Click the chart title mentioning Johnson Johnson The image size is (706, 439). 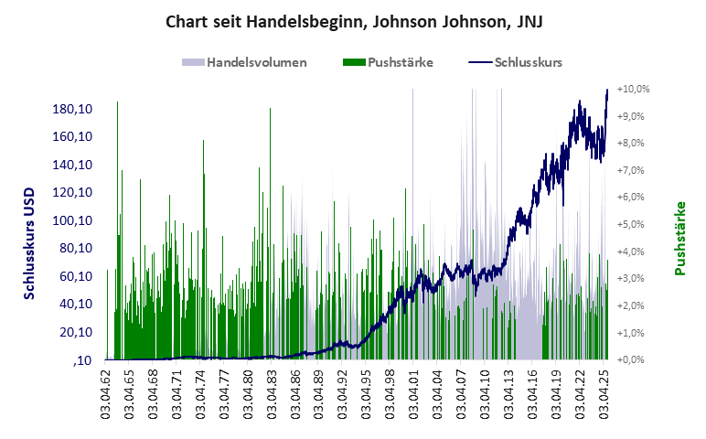[352, 21]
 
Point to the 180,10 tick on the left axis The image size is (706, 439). [72, 110]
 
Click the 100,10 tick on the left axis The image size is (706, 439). [72, 220]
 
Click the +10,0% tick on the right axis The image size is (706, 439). [633, 90]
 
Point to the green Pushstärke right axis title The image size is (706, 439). [680, 238]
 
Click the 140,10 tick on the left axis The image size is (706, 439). [72, 165]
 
